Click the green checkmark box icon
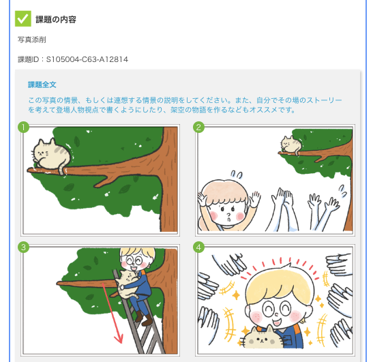[x=23, y=18]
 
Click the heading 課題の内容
[x=56, y=20]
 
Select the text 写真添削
[x=32, y=40]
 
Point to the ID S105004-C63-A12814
[x=87, y=59]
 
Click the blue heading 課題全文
[x=42, y=85]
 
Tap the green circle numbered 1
[x=23, y=127]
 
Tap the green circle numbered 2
[x=198, y=127]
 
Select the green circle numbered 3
[x=23, y=247]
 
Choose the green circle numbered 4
[x=198, y=247]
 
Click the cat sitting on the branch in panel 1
[x=51, y=155]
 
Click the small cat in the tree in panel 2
[x=291, y=145]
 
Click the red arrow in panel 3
[x=112, y=313]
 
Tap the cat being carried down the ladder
[x=128, y=284]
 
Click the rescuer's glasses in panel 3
[x=134, y=260]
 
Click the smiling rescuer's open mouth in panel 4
[x=277, y=323]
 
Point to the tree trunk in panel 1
[x=169, y=180]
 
